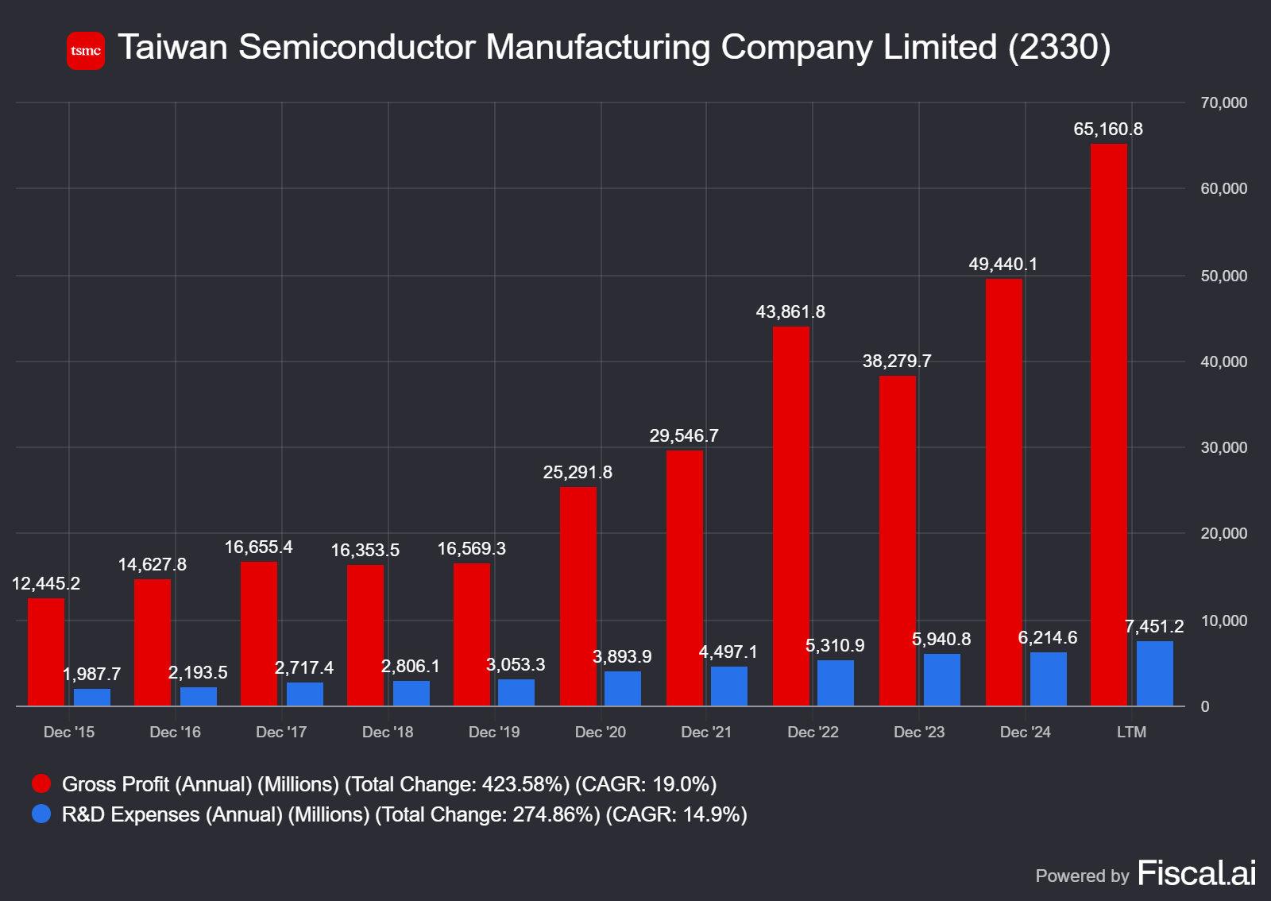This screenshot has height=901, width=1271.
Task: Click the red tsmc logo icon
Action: (x=86, y=51)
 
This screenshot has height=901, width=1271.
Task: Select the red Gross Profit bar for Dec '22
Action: (x=791, y=516)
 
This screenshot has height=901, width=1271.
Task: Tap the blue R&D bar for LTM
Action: (x=1154, y=674)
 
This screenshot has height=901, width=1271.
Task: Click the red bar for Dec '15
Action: (x=46, y=652)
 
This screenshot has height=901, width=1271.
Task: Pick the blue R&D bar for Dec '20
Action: (x=622, y=689)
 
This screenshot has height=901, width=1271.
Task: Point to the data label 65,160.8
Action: (x=1107, y=130)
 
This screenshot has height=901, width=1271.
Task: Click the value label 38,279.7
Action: (x=897, y=362)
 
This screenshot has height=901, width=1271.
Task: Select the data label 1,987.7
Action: (x=92, y=675)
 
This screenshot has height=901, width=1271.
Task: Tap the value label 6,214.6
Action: (x=1047, y=638)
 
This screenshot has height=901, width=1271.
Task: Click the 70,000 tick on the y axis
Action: (x=1223, y=103)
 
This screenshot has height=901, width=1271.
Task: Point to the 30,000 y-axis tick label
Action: (x=1223, y=448)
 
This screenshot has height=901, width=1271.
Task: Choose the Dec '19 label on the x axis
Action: (x=494, y=733)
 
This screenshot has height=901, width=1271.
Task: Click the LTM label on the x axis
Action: (x=1131, y=733)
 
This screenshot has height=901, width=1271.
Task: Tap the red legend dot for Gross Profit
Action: (x=41, y=784)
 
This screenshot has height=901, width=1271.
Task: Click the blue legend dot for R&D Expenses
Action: (x=41, y=814)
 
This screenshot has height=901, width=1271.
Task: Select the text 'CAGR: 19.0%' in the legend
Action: (x=646, y=785)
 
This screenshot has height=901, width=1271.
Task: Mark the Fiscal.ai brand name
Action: (x=1196, y=874)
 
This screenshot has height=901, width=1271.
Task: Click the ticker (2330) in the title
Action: (x=1059, y=48)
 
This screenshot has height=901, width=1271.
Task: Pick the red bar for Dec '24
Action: (x=1004, y=493)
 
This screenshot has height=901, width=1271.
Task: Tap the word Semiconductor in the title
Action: (x=357, y=48)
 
